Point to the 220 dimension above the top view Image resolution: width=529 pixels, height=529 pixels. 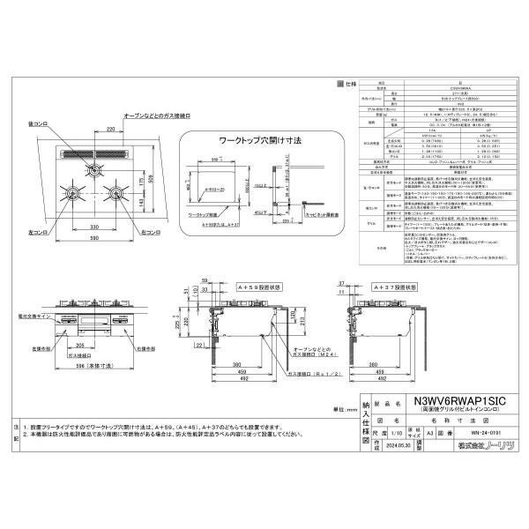(x=110, y=130)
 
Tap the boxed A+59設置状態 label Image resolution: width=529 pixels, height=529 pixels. (x=236, y=286)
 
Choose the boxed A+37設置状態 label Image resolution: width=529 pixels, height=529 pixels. (x=390, y=286)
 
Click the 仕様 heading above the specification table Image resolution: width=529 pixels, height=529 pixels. (x=349, y=82)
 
